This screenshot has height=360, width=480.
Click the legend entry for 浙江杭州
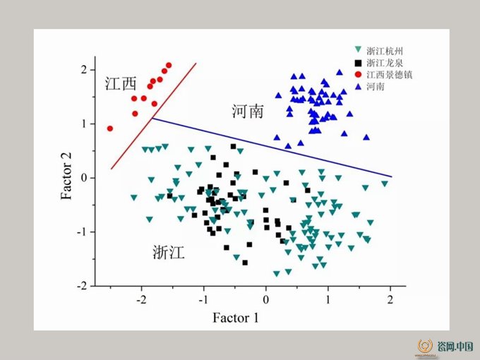[378, 51]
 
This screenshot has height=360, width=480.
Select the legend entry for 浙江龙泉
[378, 63]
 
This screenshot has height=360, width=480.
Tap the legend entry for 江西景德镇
[383, 75]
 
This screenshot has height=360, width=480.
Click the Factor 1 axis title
[236, 318]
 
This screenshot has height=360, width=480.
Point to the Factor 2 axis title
[66, 176]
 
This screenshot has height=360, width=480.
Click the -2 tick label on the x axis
[141, 300]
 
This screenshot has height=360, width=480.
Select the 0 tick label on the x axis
[265, 300]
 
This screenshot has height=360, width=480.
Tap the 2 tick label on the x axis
[390, 300]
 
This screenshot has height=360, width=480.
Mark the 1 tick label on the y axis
[84, 124]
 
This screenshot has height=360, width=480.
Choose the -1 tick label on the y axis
[82, 232]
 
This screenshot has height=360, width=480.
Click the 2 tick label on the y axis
[84, 70]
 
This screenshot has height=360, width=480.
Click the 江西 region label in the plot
[121, 83]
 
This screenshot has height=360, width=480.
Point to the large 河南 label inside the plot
[248, 111]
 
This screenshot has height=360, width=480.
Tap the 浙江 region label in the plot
[169, 253]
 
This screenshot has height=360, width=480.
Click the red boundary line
[153, 116]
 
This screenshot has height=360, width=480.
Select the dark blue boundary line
[272, 148]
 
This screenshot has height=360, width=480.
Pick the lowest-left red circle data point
[110, 128]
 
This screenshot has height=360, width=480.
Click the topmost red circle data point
[169, 65]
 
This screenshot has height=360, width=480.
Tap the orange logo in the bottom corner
[425, 346]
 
